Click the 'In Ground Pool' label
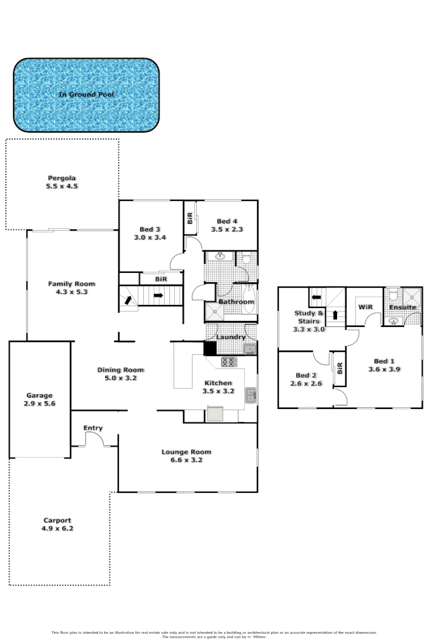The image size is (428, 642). pyautogui.click(x=86, y=95)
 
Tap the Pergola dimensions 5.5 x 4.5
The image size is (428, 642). pyautogui.click(x=63, y=186)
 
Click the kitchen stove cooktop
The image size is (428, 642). pyautogui.click(x=229, y=361)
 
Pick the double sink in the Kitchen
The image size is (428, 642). pyautogui.click(x=251, y=395)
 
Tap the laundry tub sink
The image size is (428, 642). pyautogui.click(x=250, y=348)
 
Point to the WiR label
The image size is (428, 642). pyautogui.click(x=364, y=307)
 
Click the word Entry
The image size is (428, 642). pyautogui.click(x=93, y=428)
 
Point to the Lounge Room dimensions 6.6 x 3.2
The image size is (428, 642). pyautogui.click(x=186, y=460)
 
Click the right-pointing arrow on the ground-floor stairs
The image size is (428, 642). pyautogui.click(x=159, y=294)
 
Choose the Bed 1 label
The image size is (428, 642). pyautogui.click(x=384, y=361)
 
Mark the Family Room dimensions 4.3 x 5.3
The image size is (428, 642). pyautogui.click(x=71, y=292)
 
